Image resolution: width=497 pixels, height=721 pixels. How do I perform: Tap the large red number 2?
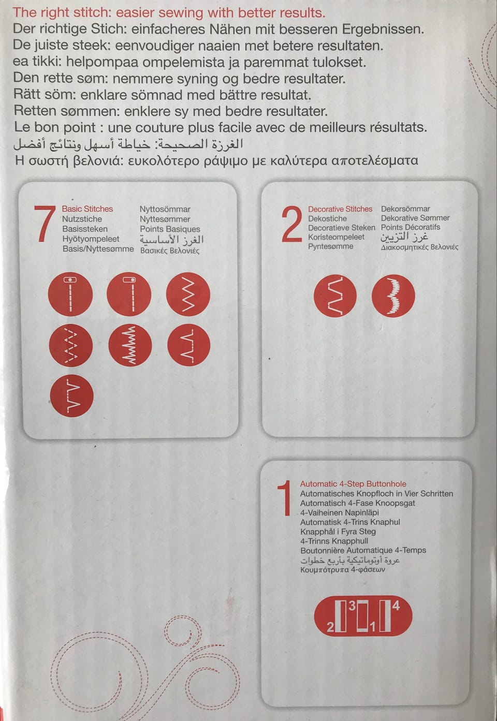tap(292, 224)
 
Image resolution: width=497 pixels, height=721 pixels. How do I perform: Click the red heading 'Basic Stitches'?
tap(87, 209)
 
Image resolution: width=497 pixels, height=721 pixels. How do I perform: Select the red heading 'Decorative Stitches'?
tap(340, 209)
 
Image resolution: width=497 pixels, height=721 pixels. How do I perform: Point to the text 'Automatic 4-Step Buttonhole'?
tap(353, 484)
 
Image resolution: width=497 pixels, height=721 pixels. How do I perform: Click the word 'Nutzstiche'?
tap(82, 219)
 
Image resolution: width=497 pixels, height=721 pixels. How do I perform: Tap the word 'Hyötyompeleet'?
tap(91, 239)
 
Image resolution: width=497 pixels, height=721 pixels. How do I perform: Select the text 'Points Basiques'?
tap(170, 229)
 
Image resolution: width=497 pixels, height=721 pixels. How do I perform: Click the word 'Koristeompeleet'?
tap(336, 237)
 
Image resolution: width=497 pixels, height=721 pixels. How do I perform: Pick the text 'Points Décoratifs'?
tap(411, 227)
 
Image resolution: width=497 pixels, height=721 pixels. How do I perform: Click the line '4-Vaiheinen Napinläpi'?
tap(339, 512)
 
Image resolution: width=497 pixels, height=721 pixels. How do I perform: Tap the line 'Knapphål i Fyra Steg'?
tap(338, 532)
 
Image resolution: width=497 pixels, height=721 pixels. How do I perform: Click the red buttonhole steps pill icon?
tap(363, 616)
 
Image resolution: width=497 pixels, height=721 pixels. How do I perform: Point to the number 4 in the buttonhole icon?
tap(396, 606)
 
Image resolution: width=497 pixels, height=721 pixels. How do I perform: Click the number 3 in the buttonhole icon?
tap(352, 606)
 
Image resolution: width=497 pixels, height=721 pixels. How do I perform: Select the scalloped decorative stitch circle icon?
tap(393, 296)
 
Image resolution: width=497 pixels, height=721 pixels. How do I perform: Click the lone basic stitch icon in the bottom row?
tap(72, 395)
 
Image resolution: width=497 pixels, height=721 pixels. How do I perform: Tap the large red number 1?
tap(285, 498)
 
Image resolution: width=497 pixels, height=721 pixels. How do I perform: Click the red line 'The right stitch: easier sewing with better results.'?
tap(169, 13)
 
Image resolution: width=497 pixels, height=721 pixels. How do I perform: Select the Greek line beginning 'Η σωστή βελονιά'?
tap(216, 160)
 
